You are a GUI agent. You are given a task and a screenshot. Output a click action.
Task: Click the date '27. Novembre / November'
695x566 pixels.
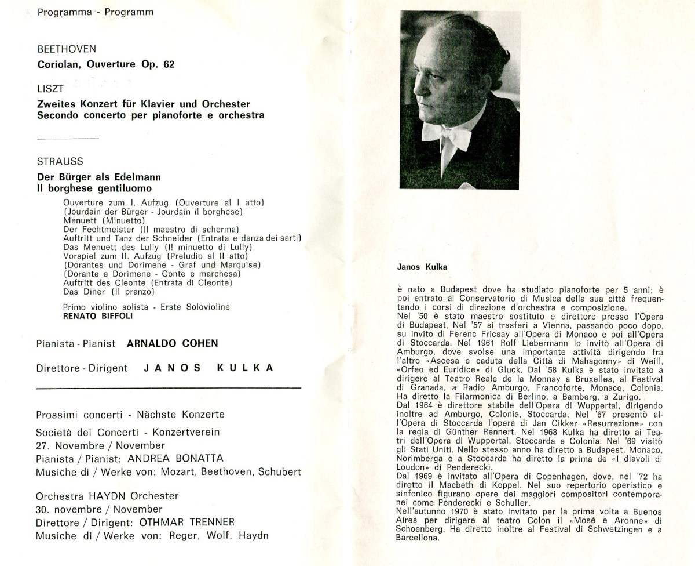[x=100, y=445]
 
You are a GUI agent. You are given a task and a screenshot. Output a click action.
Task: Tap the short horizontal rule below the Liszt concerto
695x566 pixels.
[x=67, y=139]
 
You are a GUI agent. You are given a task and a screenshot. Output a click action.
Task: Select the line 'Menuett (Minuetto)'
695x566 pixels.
[x=99, y=221]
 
